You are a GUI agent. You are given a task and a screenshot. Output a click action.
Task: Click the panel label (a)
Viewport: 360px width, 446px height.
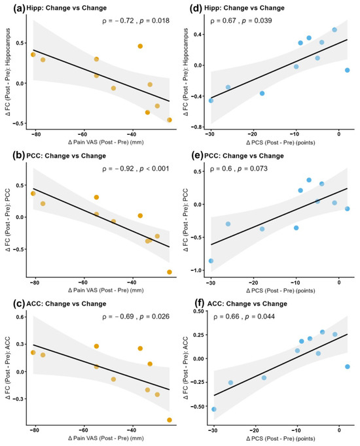[x=19, y=8]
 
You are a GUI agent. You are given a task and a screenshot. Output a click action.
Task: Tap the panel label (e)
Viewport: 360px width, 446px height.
[x=197, y=156]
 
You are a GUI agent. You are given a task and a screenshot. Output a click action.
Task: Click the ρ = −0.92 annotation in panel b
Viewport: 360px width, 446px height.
[x=118, y=169]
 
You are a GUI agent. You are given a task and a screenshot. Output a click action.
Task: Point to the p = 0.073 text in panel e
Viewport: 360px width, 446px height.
[x=253, y=169]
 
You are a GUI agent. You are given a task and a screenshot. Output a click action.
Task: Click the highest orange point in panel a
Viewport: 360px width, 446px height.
[x=140, y=46]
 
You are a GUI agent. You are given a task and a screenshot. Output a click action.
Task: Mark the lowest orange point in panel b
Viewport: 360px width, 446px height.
[x=170, y=272]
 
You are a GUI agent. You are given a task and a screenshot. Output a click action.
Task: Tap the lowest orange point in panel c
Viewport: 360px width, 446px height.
[x=170, y=420]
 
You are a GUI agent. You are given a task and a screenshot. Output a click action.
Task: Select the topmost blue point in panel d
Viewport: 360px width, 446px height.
[x=334, y=30]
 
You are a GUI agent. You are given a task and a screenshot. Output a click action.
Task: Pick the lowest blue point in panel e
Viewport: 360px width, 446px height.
[x=211, y=261]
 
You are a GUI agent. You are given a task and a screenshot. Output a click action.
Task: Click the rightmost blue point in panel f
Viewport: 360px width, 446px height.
[x=347, y=367]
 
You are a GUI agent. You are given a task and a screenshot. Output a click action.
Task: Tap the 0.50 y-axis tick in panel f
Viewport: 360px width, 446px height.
[x=198, y=311]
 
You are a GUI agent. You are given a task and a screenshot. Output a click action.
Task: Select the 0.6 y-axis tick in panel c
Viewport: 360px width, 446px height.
[x=20, y=317]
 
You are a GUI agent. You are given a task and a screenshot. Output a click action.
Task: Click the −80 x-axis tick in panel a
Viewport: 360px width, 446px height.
[x=35, y=135]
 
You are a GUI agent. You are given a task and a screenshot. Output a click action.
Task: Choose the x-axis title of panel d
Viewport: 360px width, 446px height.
[x=280, y=142]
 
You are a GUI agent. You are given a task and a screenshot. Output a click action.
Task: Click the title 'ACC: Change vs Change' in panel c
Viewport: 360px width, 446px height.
[x=66, y=304]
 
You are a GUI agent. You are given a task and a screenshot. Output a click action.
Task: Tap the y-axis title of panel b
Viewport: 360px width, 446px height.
[x=8, y=220]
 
